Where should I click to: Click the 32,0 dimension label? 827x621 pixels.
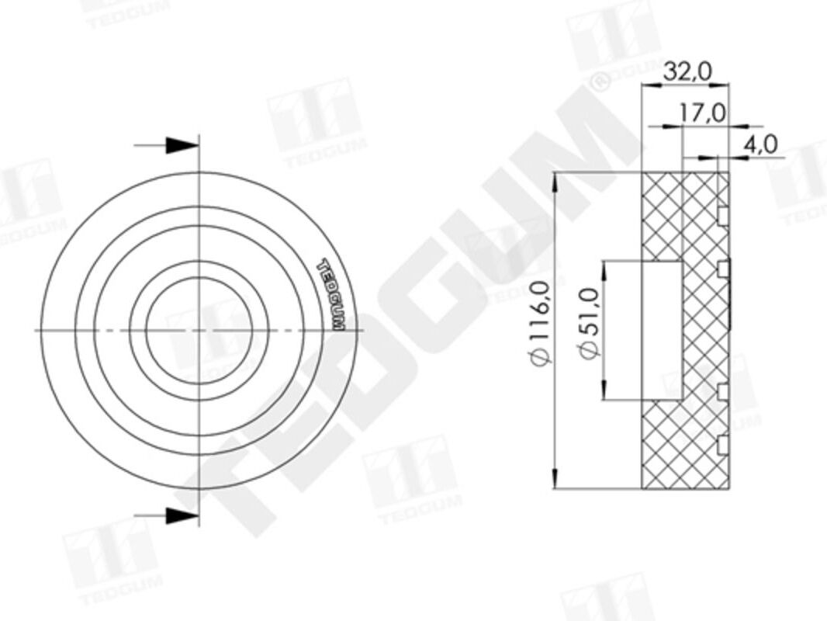pyautogui.click(x=687, y=71)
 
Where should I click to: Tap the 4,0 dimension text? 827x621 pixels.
pyautogui.click(x=760, y=144)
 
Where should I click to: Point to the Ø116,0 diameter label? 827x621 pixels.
pyautogui.click(x=542, y=322)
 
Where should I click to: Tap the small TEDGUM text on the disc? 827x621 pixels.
pyautogui.click(x=330, y=293)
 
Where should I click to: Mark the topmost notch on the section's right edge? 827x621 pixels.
pyautogui.click(x=723, y=214)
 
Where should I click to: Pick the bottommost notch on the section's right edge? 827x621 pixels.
pyautogui.click(x=723, y=445)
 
